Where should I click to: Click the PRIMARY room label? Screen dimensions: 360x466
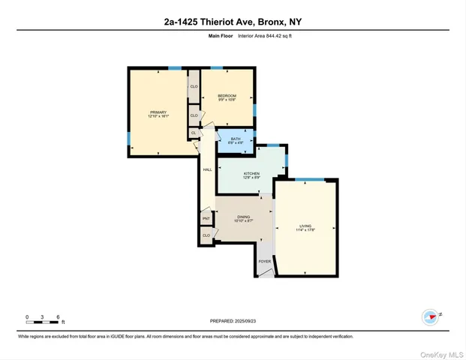(x=158, y=112)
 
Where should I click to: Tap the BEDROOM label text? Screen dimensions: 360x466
(x=227, y=95)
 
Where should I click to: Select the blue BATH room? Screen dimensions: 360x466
(x=236, y=140)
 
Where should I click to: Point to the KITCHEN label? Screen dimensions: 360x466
(x=251, y=174)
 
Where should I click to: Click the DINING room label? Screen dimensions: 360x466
(x=243, y=217)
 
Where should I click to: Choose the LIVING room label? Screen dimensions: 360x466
(x=305, y=226)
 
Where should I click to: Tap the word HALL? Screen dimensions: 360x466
(x=207, y=169)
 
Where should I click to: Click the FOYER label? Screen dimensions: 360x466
(x=264, y=262)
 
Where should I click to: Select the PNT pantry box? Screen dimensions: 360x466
(x=206, y=219)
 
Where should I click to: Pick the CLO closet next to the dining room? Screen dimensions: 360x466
(x=206, y=235)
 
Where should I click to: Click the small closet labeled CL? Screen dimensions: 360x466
(x=193, y=133)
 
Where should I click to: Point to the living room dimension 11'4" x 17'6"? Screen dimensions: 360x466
(x=305, y=230)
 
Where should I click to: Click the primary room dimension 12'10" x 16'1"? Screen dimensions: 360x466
(x=158, y=117)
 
